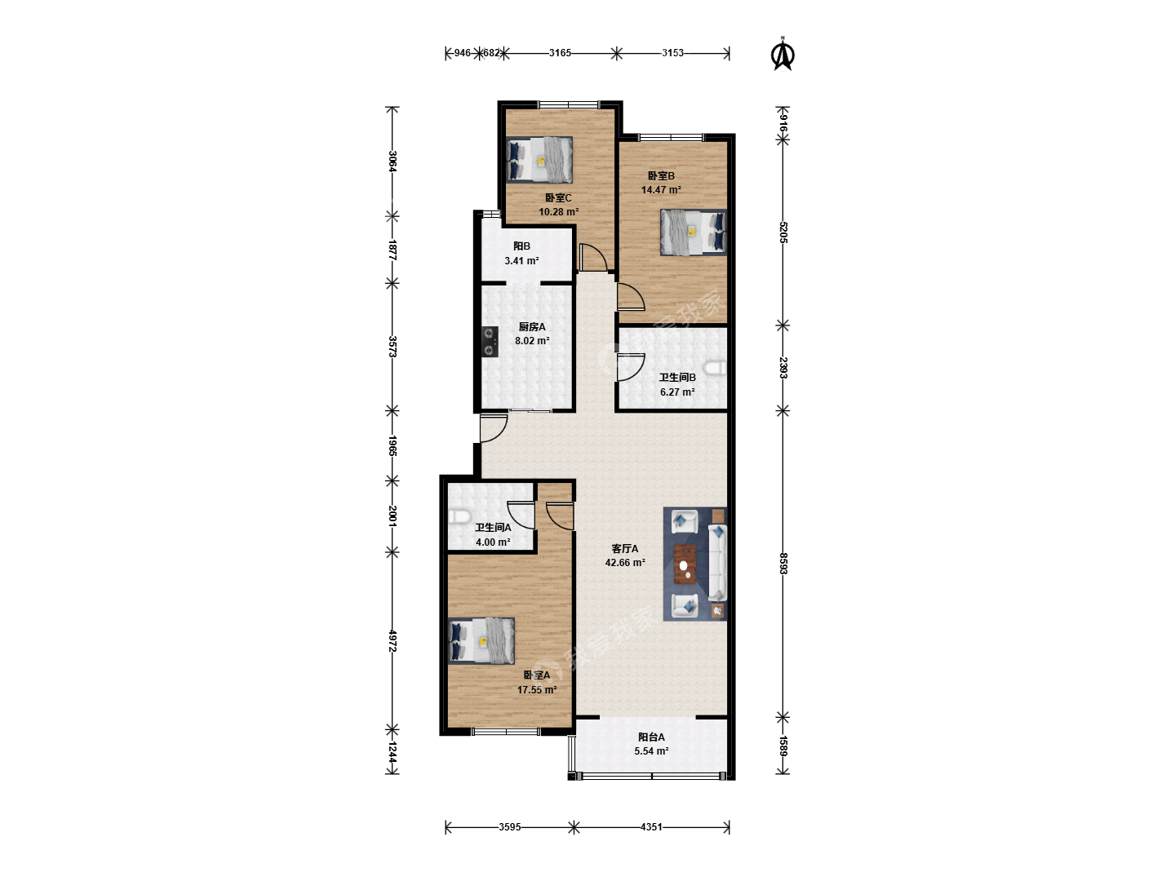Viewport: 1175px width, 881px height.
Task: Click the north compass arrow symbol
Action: [x=782, y=55]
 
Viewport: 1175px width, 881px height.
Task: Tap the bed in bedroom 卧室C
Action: [x=539, y=160]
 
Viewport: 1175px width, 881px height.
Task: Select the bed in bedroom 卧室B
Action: [x=694, y=232]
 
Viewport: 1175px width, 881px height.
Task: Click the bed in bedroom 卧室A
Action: [x=481, y=641]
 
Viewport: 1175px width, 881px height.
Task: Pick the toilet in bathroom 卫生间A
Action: [x=459, y=516]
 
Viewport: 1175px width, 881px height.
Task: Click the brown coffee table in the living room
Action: [x=685, y=563]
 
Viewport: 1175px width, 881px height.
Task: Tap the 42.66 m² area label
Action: [x=625, y=563]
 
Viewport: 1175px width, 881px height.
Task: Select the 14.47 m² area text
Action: [x=661, y=190]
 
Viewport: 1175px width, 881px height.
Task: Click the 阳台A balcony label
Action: [x=651, y=737]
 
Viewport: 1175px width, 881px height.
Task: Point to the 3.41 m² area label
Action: [x=521, y=261]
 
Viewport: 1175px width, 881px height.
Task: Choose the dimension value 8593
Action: [x=783, y=564]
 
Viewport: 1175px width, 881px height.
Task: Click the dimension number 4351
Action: [x=651, y=827]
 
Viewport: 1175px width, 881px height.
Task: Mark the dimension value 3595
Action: [x=510, y=827]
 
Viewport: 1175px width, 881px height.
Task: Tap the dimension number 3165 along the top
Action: [x=560, y=53]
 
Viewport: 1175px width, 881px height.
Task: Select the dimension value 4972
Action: [x=392, y=641]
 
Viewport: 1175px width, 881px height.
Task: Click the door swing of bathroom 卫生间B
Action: [x=631, y=367]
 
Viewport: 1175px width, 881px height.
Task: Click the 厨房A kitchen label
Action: [x=532, y=327]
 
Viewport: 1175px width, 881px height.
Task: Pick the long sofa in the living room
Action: [x=717, y=563]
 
